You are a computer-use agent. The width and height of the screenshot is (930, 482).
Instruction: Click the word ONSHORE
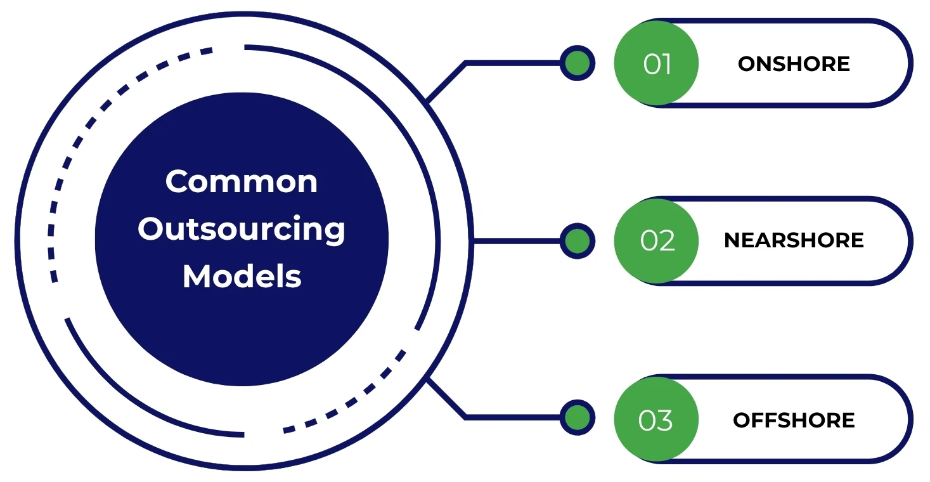[x=794, y=64]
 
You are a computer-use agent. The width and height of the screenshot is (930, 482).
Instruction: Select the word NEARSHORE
[x=794, y=240]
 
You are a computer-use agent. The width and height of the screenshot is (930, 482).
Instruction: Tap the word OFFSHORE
[x=794, y=420]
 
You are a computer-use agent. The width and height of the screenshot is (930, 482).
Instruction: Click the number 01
[x=657, y=64]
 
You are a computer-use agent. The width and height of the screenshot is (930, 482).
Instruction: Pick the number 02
[x=657, y=241]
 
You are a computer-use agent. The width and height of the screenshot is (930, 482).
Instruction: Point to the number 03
[x=656, y=420]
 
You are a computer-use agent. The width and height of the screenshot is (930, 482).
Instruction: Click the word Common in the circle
[x=242, y=182]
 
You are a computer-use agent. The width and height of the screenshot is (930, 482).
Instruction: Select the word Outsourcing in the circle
[x=242, y=230]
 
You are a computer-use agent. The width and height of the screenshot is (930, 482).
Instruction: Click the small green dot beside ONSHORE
[x=577, y=63]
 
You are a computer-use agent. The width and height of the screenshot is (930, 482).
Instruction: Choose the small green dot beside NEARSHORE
[x=577, y=241]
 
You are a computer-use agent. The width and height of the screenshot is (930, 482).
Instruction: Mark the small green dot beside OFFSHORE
[x=577, y=417]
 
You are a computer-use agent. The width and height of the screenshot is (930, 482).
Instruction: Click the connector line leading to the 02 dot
[x=517, y=241]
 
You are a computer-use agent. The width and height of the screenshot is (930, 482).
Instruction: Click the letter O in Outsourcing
[x=150, y=228]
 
